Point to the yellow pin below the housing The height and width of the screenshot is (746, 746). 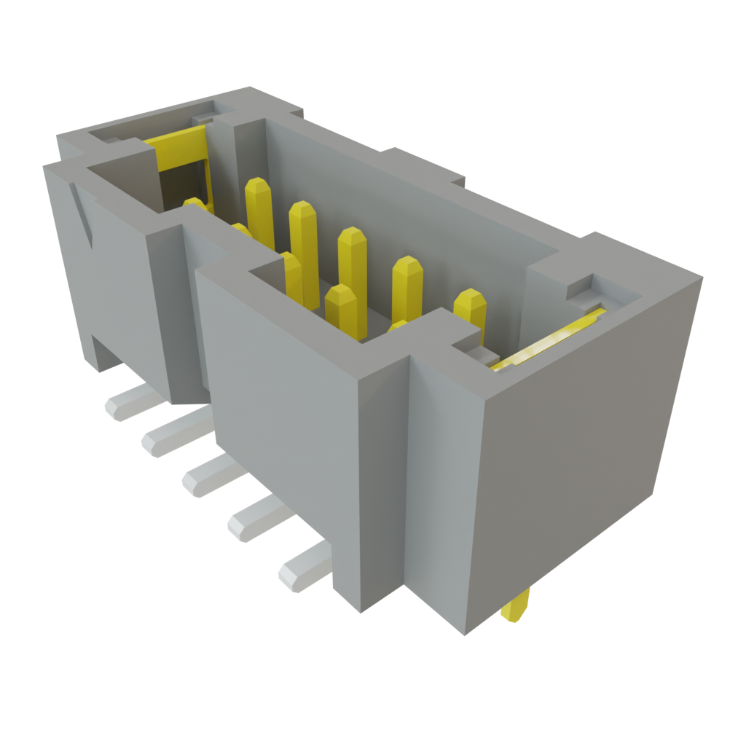(x=517, y=608)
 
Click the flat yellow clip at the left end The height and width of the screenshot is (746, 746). (x=175, y=136)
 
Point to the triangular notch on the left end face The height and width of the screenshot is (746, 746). (x=83, y=216)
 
